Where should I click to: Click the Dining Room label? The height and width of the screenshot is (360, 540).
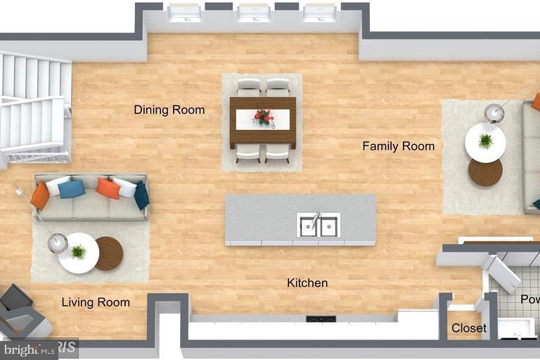click(x=169, y=110)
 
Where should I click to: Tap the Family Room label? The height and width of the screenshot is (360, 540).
click(x=398, y=146)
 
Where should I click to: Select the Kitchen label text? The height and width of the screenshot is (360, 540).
click(x=307, y=283)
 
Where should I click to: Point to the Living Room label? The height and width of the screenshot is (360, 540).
click(x=96, y=302)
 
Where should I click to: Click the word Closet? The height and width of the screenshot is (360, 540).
click(x=468, y=328)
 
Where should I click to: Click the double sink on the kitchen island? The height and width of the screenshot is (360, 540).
click(x=318, y=226)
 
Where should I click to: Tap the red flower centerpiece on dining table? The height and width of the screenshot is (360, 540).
click(x=264, y=116)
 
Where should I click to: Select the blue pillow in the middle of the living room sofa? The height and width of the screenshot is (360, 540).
click(x=72, y=188)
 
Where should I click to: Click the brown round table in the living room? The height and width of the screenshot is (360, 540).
click(x=108, y=253)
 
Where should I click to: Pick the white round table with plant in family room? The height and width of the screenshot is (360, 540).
click(x=485, y=142)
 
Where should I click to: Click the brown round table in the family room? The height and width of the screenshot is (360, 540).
click(x=485, y=172)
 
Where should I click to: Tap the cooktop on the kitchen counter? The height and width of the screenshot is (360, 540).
click(x=321, y=319)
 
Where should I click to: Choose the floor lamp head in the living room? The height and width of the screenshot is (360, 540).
click(x=57, y=243)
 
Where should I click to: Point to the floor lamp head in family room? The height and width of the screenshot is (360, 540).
click(x=495, y=112)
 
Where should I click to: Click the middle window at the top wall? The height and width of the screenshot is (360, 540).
click(x=253, y=13)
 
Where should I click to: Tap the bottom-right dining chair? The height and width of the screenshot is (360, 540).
click(x=277, y=153)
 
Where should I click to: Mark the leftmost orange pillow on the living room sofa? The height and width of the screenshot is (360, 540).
click(x=39, y=195)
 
